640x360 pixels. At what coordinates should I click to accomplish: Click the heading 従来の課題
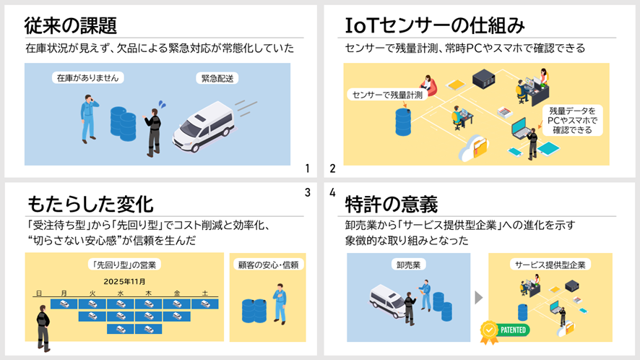pos(71,26)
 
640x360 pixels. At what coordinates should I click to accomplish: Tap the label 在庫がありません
pos(87,77)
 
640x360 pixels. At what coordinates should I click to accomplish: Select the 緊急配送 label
pos(217,79)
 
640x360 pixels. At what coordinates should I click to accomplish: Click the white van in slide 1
pos(203,127)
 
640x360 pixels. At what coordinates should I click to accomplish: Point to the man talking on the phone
pos(89,119)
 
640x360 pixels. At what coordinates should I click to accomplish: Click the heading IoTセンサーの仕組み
pos(435,26)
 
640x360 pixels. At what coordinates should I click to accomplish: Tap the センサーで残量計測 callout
pos(387,95)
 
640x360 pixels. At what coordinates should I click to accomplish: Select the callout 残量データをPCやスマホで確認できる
pos(572,121)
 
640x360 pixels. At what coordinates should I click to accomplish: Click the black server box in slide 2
pos(484,80)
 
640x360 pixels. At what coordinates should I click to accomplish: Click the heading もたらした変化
pos(90,204)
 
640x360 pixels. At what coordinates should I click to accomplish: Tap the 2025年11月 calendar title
pos(124,281)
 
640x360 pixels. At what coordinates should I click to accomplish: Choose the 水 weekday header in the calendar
pos(121,293)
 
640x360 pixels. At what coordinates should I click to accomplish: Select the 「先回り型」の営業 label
pos(124,265)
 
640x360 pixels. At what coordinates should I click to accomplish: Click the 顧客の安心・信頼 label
pos(268,265)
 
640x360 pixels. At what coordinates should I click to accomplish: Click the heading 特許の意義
pos(391,204)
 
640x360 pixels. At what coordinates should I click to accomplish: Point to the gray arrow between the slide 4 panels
pos(479,298)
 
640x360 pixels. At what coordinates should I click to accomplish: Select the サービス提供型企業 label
pos(550,265)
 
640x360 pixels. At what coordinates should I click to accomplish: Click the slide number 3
pos(308,192)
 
